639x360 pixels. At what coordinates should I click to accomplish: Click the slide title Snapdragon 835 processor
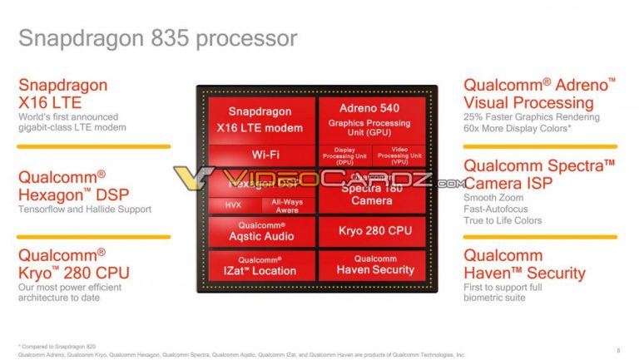157,38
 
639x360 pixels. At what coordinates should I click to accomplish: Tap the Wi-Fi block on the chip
260,155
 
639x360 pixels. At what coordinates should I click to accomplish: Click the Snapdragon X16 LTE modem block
260,120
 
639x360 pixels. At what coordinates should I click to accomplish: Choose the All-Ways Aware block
287,205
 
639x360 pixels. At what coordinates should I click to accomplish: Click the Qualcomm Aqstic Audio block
260,231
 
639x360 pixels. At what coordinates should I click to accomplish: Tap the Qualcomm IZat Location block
260,266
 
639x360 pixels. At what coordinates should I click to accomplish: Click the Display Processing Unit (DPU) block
344,155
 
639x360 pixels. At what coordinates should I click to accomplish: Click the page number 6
617,350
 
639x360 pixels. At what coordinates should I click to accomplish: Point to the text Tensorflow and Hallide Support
84,210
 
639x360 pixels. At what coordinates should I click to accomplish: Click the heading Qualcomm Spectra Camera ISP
539,174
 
